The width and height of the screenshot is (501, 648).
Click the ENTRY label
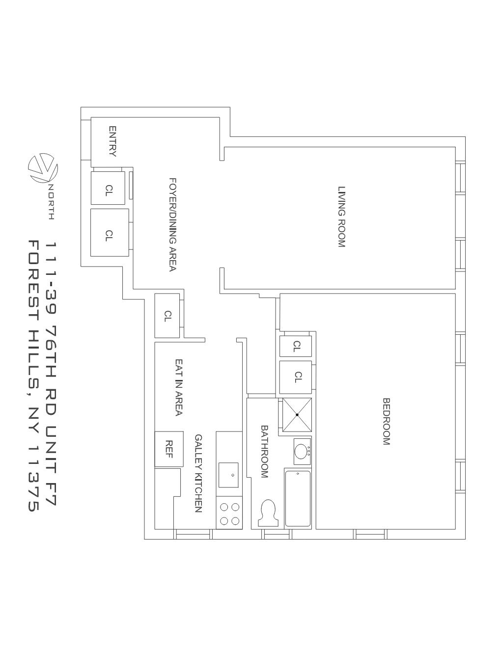click(x=112, y=141)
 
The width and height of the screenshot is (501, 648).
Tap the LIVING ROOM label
click(x=342, y=216)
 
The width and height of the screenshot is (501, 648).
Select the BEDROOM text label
click(x=387, y=421)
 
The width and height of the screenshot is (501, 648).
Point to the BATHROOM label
click(x=264, y=451)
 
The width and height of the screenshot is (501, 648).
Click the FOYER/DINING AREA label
click(x=172, y=224)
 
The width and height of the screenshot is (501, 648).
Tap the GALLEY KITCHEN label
click(x=198, y=473)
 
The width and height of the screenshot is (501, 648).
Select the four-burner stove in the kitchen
click(x=229, y=514)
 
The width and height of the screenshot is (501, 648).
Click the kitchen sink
click(x=228, y=475)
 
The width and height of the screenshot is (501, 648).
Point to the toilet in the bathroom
click(x=268, y=513)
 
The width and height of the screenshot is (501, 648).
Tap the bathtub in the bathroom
click(x=298, y=498)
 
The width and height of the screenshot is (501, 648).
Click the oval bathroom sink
click(x=301, y=451)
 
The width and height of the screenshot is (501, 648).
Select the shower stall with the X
click(x=297, y=415)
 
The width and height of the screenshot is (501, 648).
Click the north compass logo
click(x=43, y=169)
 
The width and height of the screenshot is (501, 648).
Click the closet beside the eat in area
click(x=167, y=316)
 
